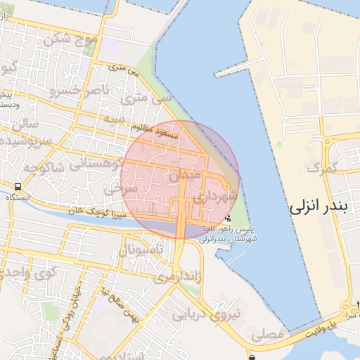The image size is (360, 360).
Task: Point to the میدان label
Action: click(186, 172)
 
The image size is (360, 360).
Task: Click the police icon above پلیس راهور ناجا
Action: click(227, 218)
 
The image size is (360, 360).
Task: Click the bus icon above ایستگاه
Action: click(16, 187)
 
